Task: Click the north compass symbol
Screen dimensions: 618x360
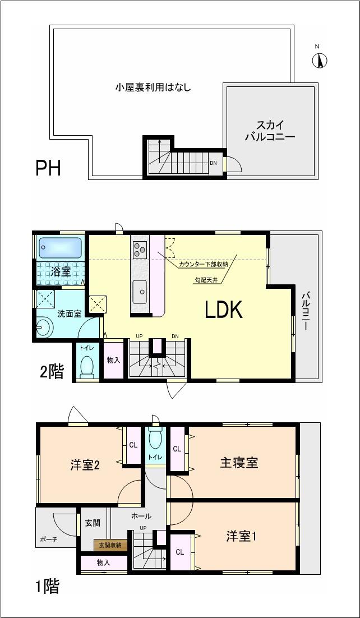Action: [320, 60]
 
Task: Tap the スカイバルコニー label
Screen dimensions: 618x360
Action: [270, 130]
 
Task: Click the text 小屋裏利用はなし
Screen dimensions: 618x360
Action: [153, 87]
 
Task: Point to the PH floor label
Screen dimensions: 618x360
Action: [48, 168]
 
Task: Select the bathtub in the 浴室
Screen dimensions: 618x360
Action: [60, 247]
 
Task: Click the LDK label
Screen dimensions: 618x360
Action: [223, 310]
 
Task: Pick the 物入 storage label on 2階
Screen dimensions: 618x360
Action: [113, 360]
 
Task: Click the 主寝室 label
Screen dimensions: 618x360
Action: [239, 463]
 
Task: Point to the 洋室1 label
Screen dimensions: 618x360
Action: [241, 536]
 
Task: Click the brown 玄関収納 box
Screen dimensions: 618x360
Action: [110, 545]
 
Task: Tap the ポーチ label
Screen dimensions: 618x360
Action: [48, 541]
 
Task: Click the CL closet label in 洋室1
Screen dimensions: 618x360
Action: [180, 552]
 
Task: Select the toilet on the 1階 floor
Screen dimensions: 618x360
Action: [155, 440]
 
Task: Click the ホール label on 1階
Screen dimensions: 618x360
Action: [141, 515]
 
